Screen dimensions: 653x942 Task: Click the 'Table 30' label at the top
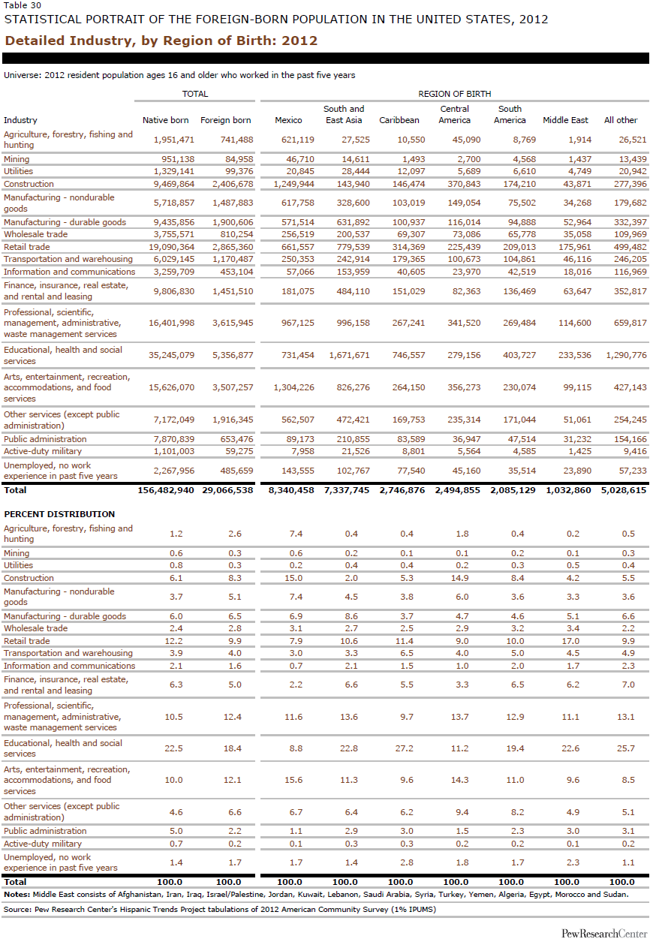tap(23, 5)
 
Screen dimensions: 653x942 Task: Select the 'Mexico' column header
tap(288, 120)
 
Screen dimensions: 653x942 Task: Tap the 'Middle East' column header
tap(565, 120)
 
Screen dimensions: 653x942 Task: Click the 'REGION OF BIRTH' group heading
tap(455, 94)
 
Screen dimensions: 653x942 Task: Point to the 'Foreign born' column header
tap(225, 120)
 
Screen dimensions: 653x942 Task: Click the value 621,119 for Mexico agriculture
tap(298, 140)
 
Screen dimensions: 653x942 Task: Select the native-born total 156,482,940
tap(166, 490)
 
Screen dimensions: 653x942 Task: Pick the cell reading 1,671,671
tap(350, 355)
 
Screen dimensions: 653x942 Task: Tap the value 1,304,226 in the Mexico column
tap(294, 387)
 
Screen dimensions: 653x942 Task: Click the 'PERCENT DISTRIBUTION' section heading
tap(59, 514)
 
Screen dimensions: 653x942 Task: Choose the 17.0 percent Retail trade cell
tap(570, 641)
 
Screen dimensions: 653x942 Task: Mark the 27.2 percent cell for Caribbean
tap(404, 748)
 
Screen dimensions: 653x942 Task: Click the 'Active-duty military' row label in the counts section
tap(43, 451)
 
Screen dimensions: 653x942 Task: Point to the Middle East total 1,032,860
tap(568, 490)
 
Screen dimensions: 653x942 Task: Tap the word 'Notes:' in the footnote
tap(17, 895)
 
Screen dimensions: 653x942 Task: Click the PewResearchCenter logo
tap(604, 934)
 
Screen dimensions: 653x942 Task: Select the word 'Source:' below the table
tap(18, 909)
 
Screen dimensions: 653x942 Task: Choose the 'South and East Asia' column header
tap(344, 114)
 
